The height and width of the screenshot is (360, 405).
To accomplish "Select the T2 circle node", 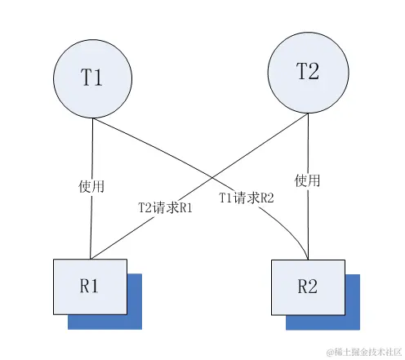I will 307,74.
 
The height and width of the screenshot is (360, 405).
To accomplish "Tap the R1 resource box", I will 90,286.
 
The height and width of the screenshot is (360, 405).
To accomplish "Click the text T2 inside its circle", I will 307,72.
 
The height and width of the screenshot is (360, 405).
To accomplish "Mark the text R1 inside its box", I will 90,286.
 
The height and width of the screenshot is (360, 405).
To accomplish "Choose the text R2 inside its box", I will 308,286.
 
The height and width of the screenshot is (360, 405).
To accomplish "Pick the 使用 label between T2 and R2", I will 308,179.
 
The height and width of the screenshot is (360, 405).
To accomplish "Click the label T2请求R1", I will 165,207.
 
